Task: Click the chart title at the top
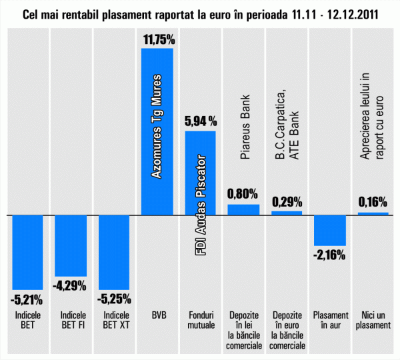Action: [x=200, y=14]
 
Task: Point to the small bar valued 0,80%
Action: [x=243, y=210]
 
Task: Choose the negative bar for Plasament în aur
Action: [x=330, y=231]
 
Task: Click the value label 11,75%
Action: [x=159, y=39]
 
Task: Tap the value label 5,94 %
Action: [x=200, y=121]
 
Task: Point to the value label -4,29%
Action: [x=70, y=286]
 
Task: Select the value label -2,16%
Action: [x=330, y=254]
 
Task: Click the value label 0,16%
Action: [x=373, y=202]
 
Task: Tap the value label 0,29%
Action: [x=287, y=201]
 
